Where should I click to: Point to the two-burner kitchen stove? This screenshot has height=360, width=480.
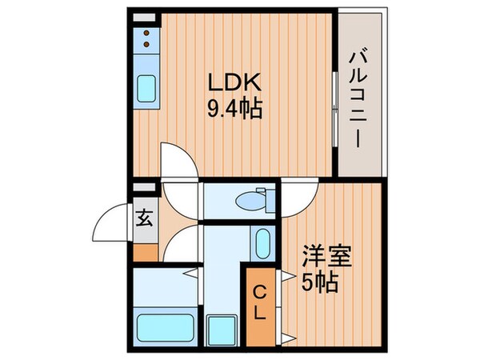click(x=147, y=36)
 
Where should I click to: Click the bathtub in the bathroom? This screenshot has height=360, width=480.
click(x=164, y=327)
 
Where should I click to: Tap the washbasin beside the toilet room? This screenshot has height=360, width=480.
click(x=262, y=241)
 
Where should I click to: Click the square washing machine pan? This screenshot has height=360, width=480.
click(x=218, y=328)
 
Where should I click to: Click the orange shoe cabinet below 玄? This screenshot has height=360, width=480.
click(x=145, y=250)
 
